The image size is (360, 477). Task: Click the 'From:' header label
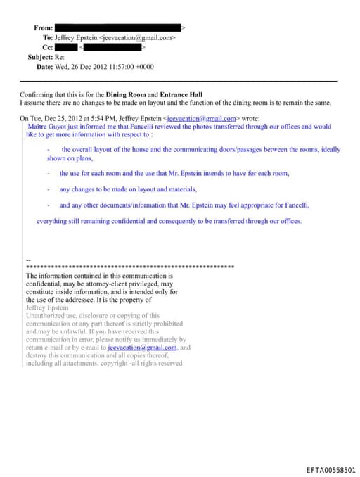click(43, 27)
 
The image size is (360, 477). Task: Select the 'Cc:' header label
click(47, 47)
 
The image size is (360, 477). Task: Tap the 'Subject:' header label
click(40, 57)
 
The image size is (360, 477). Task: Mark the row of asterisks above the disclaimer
click(129, 268)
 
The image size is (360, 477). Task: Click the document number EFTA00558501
click(331, 469)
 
